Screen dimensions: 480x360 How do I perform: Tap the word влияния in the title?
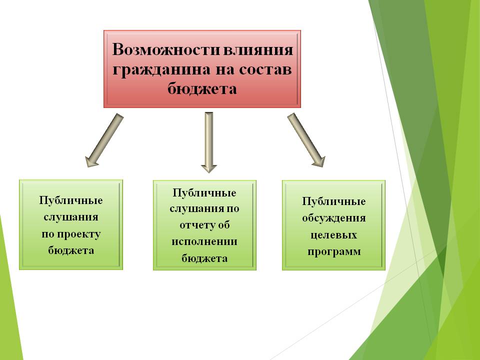[x=258, y=49]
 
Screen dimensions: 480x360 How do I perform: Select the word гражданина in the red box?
[x=161, y=70]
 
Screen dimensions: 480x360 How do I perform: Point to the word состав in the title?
[x=265, y=69]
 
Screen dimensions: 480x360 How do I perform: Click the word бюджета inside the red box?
[x=202, y=89]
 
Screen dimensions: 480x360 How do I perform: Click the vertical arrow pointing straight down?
[x=209, y=142]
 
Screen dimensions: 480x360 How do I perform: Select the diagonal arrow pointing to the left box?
[x=104, y=140]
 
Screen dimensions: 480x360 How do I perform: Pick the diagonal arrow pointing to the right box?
[x=306, y=140]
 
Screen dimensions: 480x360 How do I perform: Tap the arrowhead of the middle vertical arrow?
[x=209, y=168]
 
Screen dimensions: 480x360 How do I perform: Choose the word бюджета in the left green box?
[x=71, y=250]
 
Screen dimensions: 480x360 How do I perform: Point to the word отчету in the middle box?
[x=194, y=225]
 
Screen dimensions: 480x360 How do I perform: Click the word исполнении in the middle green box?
[x=204, y=241]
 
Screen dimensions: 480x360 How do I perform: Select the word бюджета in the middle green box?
[x=204, y=258]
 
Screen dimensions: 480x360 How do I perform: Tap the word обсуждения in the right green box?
[x=333, y=218]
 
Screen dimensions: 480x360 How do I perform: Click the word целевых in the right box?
[x=333, y=235]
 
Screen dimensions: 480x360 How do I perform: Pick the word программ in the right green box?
[x=334, y=251]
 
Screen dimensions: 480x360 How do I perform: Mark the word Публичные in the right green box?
[x=333, y=201]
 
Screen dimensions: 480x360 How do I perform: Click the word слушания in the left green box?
[x=71, y=217]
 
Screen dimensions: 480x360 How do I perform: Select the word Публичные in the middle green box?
[x=204, y=192]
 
